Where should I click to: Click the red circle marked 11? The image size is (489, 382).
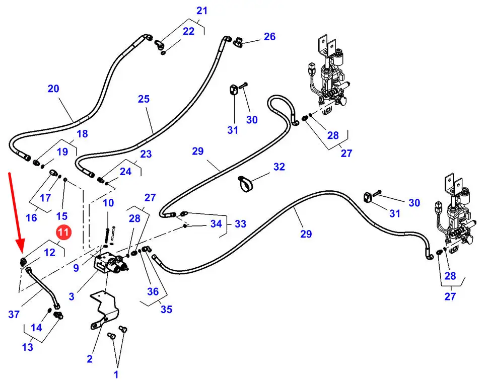[x=63, y=233]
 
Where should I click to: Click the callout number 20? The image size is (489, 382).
[x=53, y=89]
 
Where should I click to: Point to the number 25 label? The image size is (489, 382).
[x=144, y=99]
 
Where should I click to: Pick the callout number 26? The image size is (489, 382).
[x=269, y=36]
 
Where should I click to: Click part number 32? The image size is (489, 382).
[x=279, y=167]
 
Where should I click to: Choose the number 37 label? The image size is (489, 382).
[x=14, y=315]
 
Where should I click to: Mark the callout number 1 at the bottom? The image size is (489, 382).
[x=116, y=374]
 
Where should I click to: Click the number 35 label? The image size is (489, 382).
[x=166, y=309]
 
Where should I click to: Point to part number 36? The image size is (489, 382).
[x=153, y=291]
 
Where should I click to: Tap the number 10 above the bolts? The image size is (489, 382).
[x=109, y=203]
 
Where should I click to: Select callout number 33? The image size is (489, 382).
[x=240, y=223]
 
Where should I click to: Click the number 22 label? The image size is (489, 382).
[x=188, y=31]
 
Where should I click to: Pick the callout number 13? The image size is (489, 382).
[x=28, y=347]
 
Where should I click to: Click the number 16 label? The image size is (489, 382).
[x=31, y=217]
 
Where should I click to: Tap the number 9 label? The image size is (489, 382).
[x=76, y=268]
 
